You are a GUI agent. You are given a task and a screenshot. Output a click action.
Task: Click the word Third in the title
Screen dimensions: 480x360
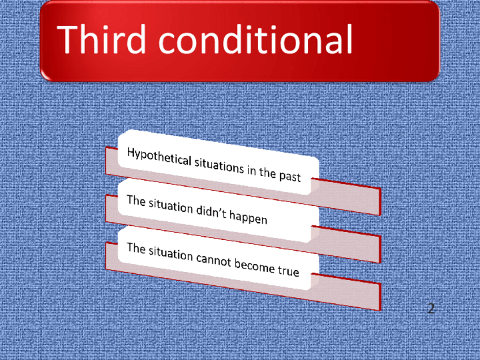(101, 40)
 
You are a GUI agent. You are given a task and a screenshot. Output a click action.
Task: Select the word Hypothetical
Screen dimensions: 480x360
(159, 157)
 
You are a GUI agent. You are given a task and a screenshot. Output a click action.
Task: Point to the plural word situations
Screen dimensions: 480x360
(219, 166)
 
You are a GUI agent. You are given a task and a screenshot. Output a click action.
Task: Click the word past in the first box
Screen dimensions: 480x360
(290, 176)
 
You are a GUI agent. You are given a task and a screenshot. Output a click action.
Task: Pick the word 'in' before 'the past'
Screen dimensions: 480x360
(251, 170)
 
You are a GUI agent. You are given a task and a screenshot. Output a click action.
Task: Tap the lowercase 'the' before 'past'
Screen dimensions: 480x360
(268, 172)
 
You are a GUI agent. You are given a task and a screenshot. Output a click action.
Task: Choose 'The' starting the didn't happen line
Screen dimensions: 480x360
(136, 201)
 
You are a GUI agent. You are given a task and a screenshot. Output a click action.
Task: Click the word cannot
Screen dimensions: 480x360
(213, 260)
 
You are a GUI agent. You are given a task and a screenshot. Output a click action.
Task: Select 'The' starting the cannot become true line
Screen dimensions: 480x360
(136, 248)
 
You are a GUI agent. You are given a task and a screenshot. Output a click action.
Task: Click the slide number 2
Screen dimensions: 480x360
(431, 308)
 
